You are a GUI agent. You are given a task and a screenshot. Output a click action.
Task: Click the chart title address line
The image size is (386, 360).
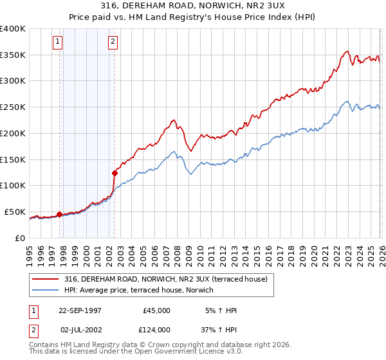pyautogui.click(x=192, y=6)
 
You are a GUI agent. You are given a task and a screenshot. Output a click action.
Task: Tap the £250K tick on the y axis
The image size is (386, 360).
pyautogui.click(x=14, y=107)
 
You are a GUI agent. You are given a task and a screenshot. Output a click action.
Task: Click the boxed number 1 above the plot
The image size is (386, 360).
pyautogui.click(x=57, y=42)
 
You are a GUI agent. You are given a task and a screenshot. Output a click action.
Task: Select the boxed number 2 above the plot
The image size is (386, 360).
pyautogui.click(x=113, y=42)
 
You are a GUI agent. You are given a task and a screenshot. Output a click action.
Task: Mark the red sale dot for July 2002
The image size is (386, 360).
pyautogui.click(x=115, y=172)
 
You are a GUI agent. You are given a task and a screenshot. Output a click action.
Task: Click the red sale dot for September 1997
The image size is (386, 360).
pyautogui.click(x=60, y=213)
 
